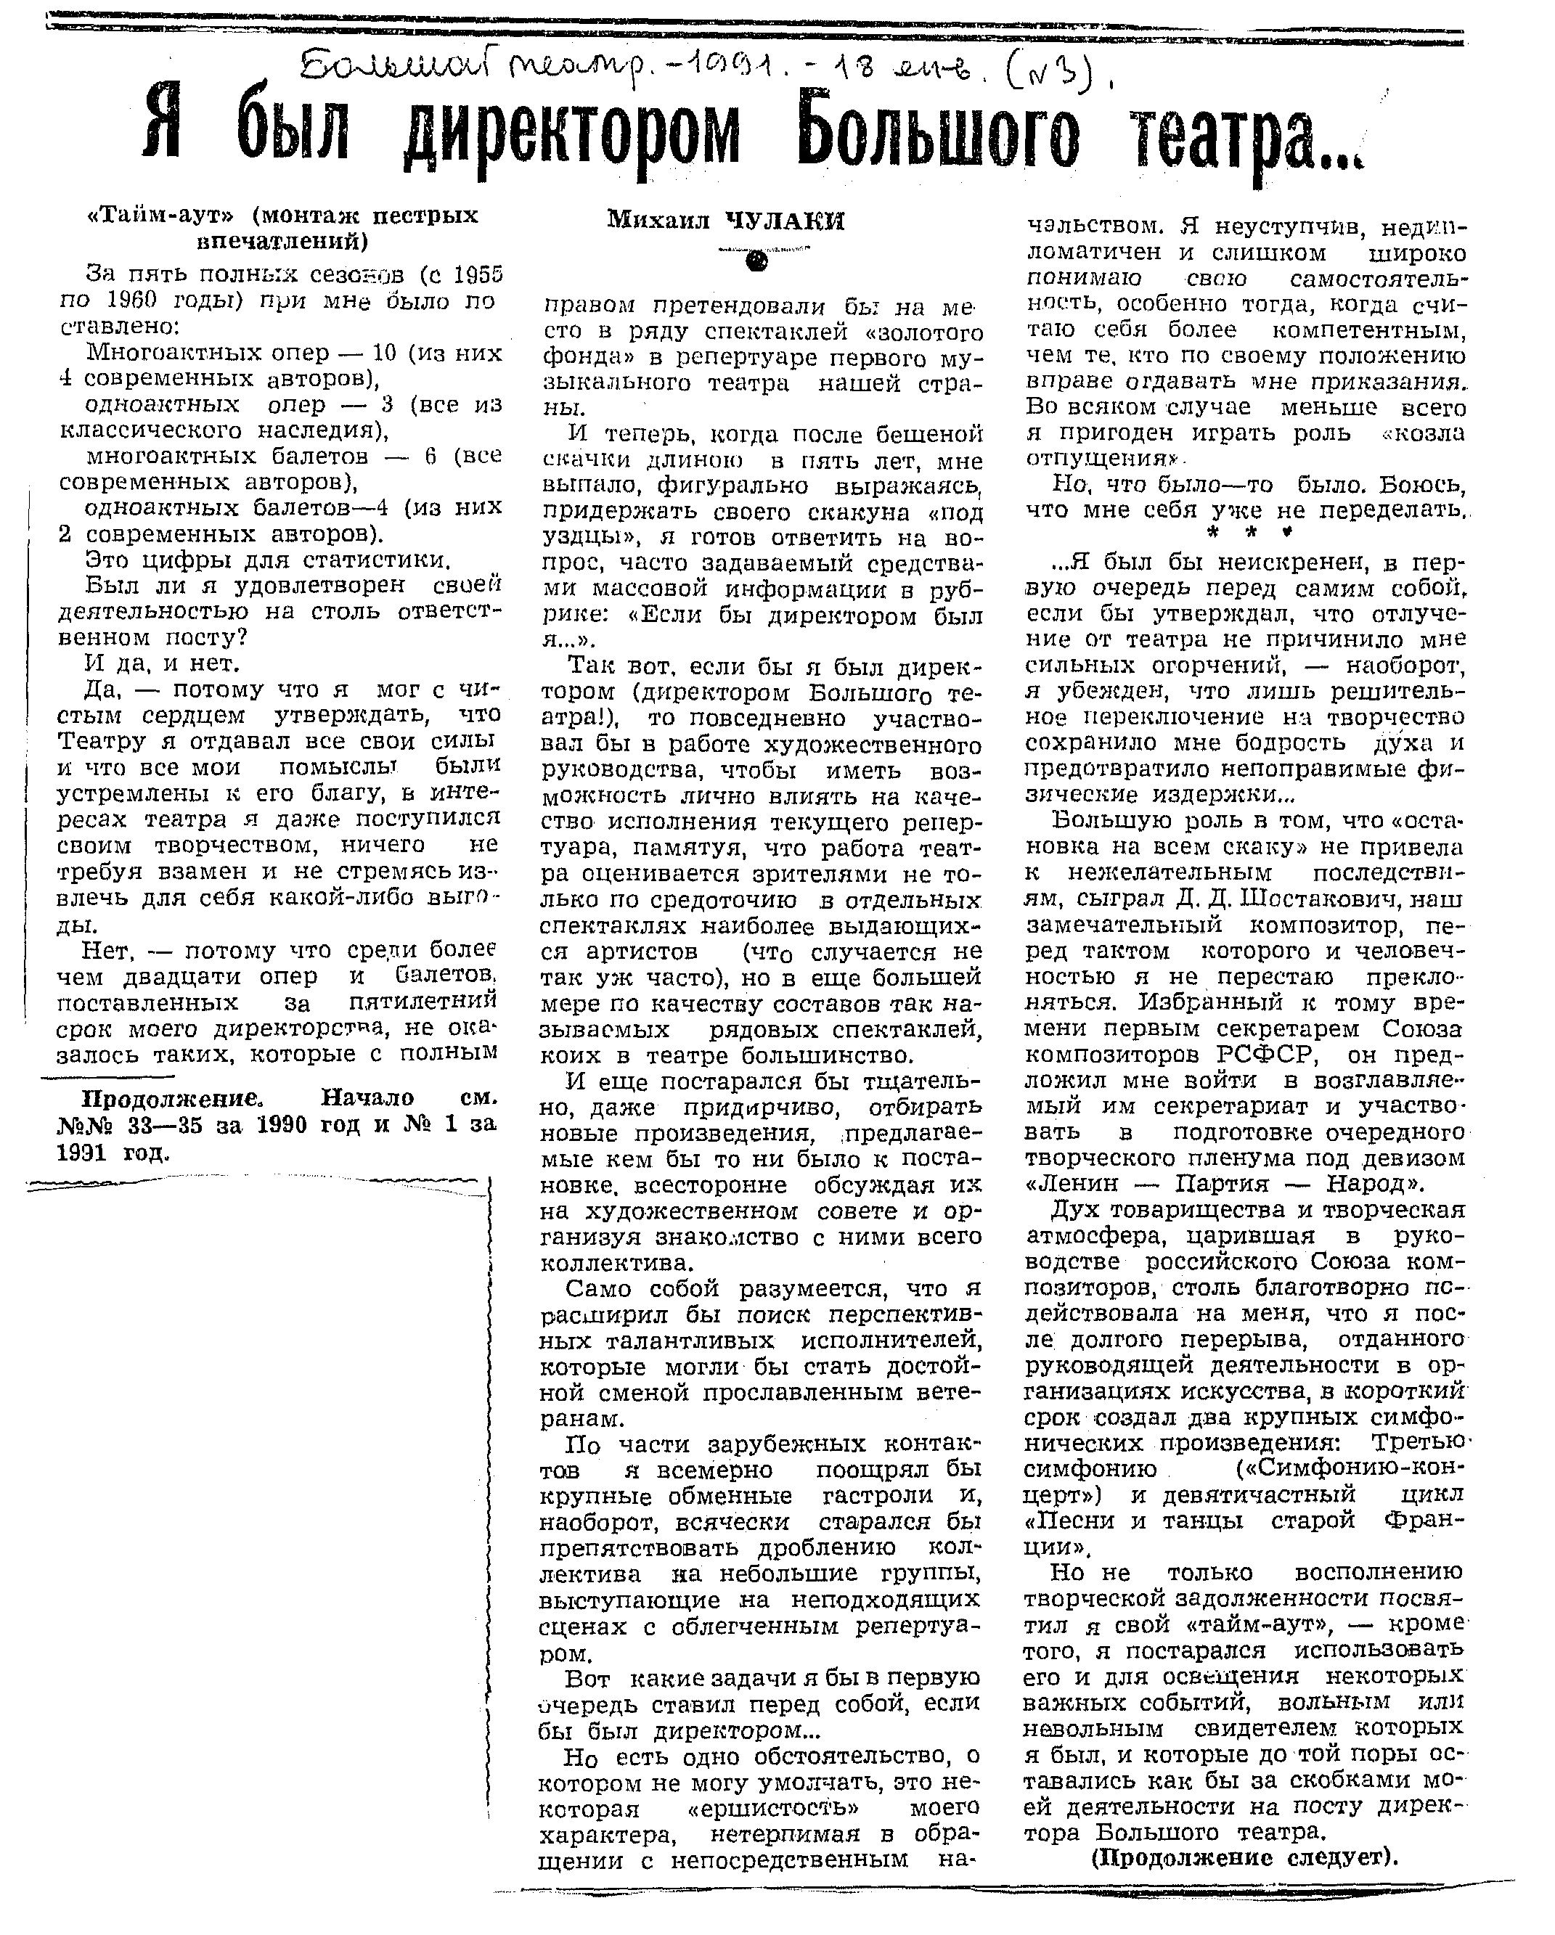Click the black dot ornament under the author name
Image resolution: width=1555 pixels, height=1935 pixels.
point(757,261)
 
